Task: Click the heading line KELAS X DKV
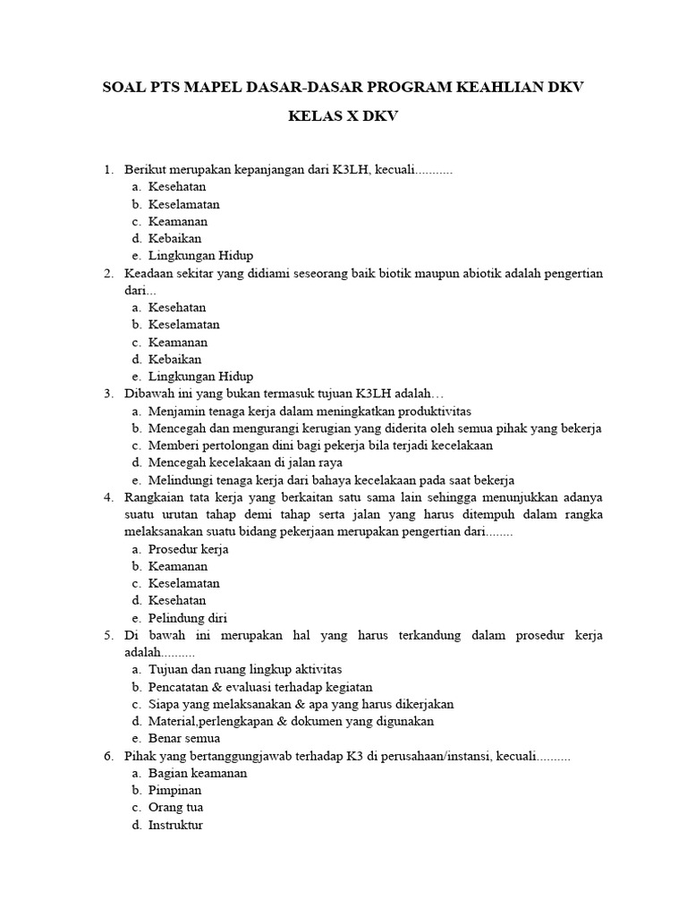click(343, 116)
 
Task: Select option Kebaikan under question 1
click(174, 238)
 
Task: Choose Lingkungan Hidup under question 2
click(200, 377)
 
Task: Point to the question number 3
click(107, 394)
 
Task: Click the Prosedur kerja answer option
click(188, 549)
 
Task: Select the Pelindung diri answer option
click(187, 618)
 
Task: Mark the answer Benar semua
click(184, 739)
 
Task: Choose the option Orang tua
click(176, 808)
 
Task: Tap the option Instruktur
click(175, 825)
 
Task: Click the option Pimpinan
click(174, 791)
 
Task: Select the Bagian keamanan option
click(198, 773)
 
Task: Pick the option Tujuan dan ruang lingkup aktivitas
click(245, 669)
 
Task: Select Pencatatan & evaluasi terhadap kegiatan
click(260, 687)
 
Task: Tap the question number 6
click(107, 756)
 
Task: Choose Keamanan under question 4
click(178, 566)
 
